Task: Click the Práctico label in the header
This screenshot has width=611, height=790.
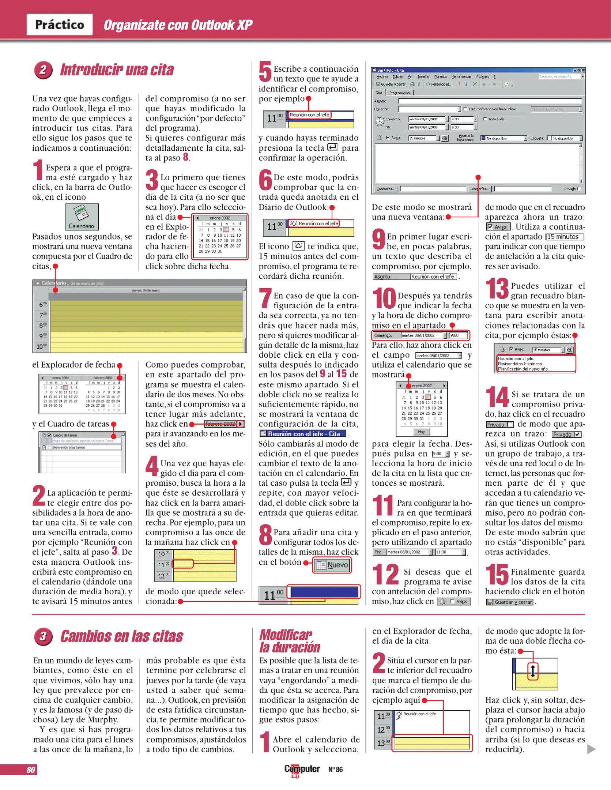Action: pos(60,25)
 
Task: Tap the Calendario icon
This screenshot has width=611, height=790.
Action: pos(82,217)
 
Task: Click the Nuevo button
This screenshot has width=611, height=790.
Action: pos(332,565)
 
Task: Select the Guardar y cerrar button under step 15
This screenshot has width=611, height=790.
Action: pos(510,602)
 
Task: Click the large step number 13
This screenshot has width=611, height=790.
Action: pos(497,289)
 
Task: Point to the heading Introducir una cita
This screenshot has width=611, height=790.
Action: pos(117,70)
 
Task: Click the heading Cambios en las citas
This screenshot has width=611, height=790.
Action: pos(121,636)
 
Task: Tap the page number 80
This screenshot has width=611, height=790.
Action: pos(31,770)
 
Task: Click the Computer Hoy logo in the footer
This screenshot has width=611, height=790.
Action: pos(302,770)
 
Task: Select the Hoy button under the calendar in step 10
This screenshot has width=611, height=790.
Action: pos(421,432)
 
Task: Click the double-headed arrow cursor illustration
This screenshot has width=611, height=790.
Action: pos(533,671)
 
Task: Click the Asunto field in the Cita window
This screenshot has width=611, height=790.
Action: pos(490,101)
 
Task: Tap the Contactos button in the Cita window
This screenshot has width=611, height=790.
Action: pos(386,189)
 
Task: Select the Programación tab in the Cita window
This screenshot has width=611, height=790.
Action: pos(399,93)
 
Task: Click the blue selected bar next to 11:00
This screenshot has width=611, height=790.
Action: pos(324,592)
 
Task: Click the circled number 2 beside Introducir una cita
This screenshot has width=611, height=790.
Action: pos(43,70)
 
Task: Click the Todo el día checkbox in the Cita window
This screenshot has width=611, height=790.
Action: pos(485,119)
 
